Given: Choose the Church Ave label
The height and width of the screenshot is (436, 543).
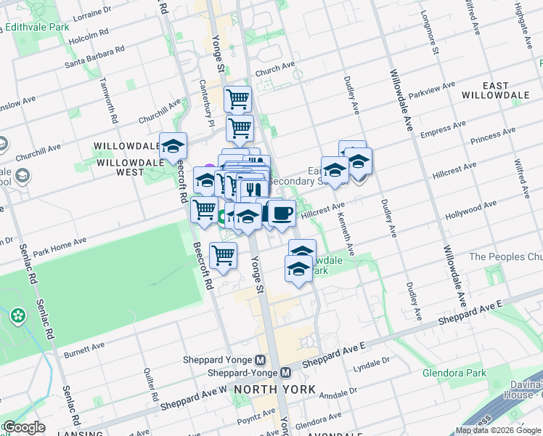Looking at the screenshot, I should [274, 70].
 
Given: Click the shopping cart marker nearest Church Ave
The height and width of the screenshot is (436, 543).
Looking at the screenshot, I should [237, 98].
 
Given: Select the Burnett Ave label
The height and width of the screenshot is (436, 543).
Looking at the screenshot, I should [85, 351].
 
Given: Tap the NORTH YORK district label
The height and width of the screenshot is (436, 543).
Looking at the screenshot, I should [274, 389].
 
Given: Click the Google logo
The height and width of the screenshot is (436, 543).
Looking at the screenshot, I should [23, 427].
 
